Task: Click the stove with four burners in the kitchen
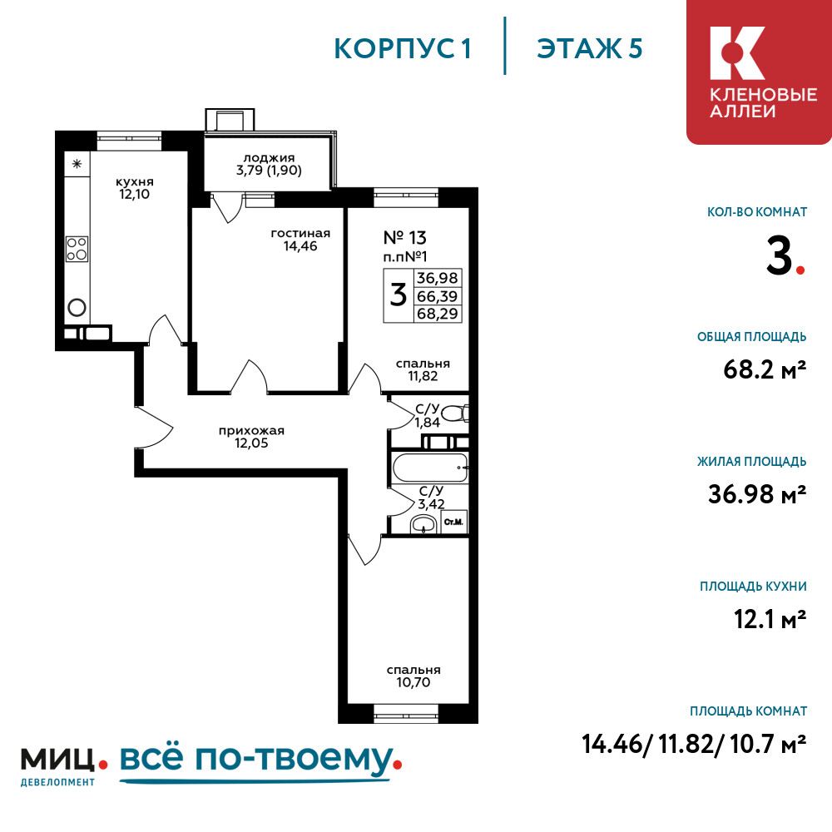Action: click(x=77, y=249)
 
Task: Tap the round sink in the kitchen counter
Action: click(x=77, y=307)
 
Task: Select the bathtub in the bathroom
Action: click(x=430, y=467)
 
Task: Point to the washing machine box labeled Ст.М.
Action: click(x=453, y=522)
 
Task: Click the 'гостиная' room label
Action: click(x=300, y=234)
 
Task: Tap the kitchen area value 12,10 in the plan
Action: click(x=134, y=194)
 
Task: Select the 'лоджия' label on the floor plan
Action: click(x=269, y=158)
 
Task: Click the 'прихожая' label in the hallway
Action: click(x=251, y=431)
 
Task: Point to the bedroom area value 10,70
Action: click(x=414, y=682)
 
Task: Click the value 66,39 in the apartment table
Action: click(x=438, y=296)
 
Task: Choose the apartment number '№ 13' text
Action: click(x=405, y=238)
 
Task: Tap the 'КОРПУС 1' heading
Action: click(x=403, y=49)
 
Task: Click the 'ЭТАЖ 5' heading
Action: click(x=590, y=49)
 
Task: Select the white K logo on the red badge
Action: click(x=737, y=53)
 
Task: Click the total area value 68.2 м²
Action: click(x=765, y=369)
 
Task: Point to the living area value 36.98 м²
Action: click(x=757, y=494)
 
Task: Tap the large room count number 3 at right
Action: click(x=780, y=255)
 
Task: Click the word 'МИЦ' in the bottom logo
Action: click(x=57, y=760)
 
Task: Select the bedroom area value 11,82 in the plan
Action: click(x=423, y=376)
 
